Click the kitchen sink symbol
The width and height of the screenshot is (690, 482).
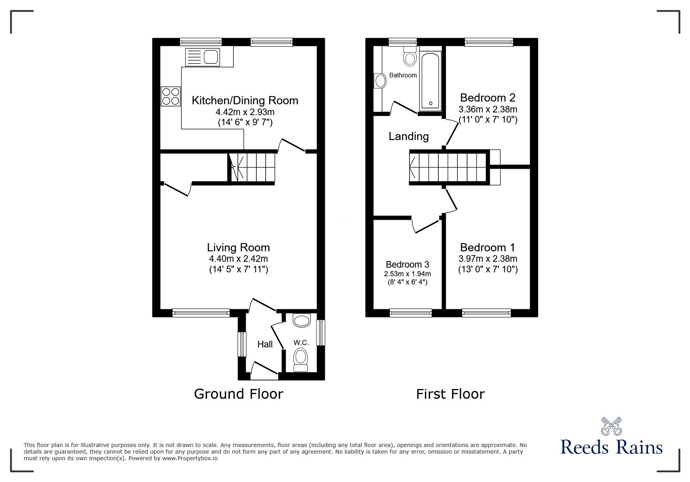pos(203,57)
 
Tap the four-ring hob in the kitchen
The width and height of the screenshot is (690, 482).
pos(171,96)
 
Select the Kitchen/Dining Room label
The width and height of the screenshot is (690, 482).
pos(245,100)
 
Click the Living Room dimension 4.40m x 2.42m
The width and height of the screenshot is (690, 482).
pos(238,259)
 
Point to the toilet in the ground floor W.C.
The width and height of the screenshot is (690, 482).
pos(300,359)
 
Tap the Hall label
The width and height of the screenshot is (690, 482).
pos(265,344)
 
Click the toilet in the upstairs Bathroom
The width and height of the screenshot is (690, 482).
pos(409,56)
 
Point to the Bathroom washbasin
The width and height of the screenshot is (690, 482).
pos(379,81)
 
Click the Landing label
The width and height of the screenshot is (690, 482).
pos(409,136)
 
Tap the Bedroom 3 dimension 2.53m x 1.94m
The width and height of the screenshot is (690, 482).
pos(407,273)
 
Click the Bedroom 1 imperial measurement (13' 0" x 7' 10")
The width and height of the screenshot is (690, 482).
pos(488,269)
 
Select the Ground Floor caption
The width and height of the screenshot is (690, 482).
pos(238,394)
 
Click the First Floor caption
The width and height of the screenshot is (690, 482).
pos(450,394)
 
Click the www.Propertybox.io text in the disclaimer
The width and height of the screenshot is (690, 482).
pos(190,458)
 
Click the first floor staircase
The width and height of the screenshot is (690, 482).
pos(448,167)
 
